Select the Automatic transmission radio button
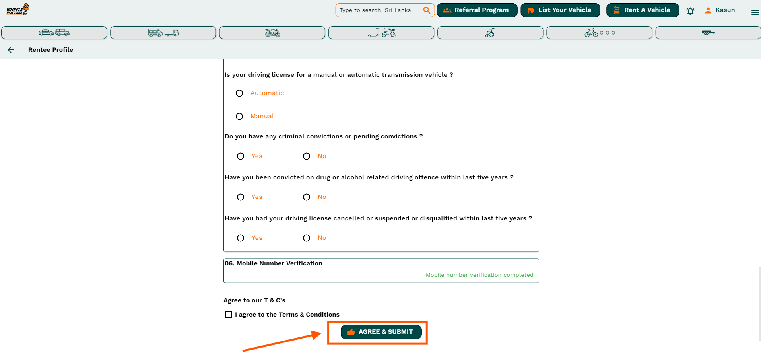pyautogui.click(x=239, y=93)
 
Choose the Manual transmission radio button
pyautogui.click(x=239, y=117)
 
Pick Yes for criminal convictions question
pyautogui.click(x=241, y=156)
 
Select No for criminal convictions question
pyautogui.click(x=307, y=156)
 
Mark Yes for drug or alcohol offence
pyautogui.click(x=241, y=197)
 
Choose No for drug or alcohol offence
pyautogui.click(x=307, y=197)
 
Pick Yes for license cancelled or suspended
pyautogui.click(x=241, y=238)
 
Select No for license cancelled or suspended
pyautogui.click(x=307, y=238)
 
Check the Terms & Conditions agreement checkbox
pyautogui.click(x=229, y=315)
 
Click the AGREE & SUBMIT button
pyautogui.click(x=381, y=332)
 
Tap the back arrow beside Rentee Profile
pyautogui.click(x=11, y=50)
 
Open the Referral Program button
pyautogui.click(x=477, y=10)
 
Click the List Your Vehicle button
pyautogui.click(x=560, y=10)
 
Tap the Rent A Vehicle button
pyautogui.click(x=643, y=10)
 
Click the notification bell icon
pyautogui.click(x=691, y=11)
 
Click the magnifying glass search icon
pyautogui.click(x=427, y=10)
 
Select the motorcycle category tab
pyautogui.click(x=272, y=33)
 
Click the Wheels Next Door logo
pyautogui.click(x=17, y=9)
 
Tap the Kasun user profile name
pyautogui.click(x=725, y=10)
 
